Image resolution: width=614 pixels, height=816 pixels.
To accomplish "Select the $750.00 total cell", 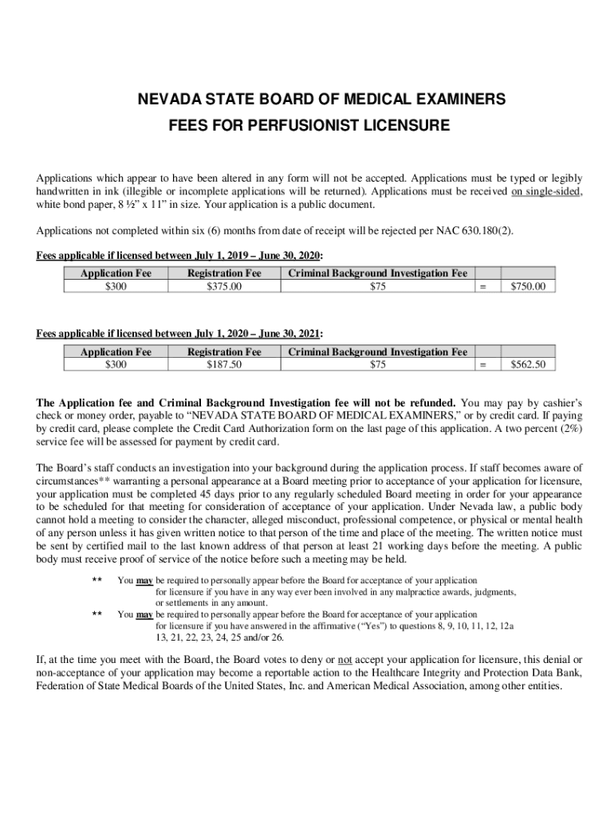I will pos(528,286).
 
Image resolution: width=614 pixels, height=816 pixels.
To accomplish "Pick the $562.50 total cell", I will pos(528,364).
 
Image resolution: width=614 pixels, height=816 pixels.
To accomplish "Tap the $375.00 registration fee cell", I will pos(224,286).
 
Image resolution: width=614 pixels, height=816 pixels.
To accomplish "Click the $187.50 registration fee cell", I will pos(224,364).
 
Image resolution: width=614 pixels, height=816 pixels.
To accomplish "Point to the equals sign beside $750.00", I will pos(482,286).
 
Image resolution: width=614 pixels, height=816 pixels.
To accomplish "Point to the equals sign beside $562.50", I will pos(482,364).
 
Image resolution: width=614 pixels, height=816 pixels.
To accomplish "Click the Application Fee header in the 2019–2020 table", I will pos(116,273).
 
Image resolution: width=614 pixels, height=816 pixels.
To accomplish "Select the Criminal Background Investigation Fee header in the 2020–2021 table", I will pos(378,351).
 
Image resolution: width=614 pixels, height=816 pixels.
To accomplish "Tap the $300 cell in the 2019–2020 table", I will pos(116,286).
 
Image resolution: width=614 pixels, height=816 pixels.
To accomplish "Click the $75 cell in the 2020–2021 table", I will pos(378,364).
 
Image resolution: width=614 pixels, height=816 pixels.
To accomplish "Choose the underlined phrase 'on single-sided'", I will pos(546,191).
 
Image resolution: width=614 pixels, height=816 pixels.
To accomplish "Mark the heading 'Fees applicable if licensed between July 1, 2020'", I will pos(180,334).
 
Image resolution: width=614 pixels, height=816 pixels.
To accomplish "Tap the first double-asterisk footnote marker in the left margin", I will pos(97,581).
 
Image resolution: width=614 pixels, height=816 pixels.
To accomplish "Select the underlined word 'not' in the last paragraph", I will pos(345,661).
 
